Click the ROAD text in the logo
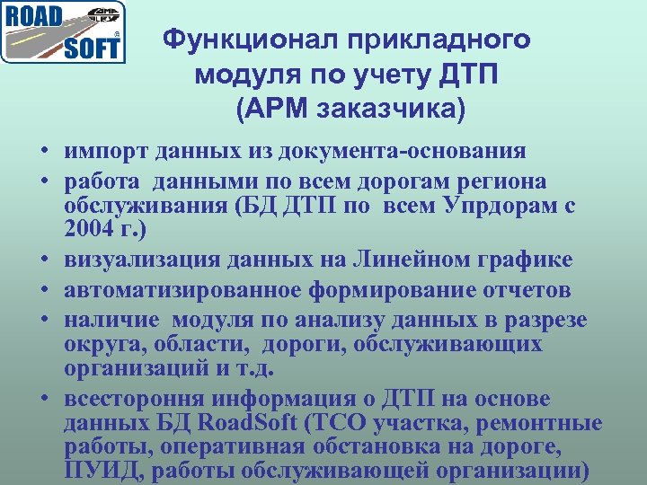(x=32, y=18)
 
